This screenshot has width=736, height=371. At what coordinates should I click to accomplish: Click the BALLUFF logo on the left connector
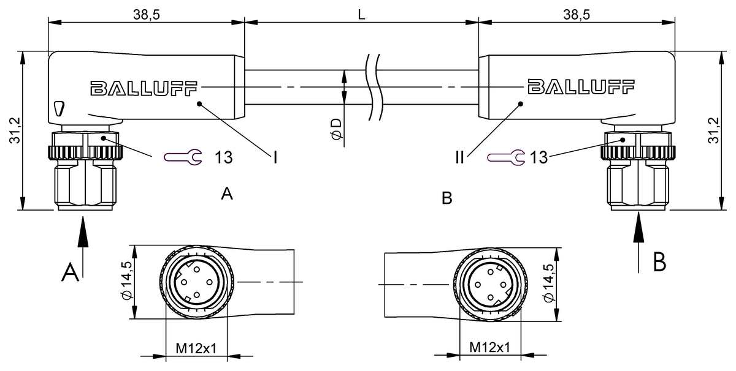pos(145,89)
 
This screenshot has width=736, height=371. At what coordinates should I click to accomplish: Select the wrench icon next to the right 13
pos(506,158)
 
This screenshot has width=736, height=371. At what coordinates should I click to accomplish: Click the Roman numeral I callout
pos(275,158)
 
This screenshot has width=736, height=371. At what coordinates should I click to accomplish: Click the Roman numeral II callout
pos(461,158)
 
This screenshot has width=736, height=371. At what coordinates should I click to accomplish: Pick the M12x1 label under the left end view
pos(196,347)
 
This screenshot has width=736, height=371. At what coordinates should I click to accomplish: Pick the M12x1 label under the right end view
pos(490,347)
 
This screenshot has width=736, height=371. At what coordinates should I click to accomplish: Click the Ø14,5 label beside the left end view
pos(125,283)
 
